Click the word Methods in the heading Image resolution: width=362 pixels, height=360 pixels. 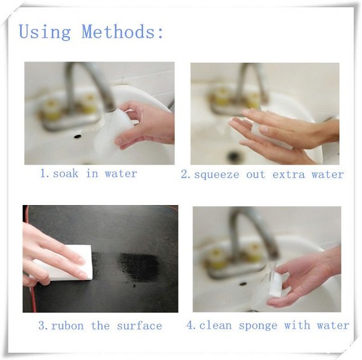click(118, 31)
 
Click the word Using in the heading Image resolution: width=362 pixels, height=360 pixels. click(45, 33)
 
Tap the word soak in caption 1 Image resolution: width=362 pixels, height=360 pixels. click(66, 174)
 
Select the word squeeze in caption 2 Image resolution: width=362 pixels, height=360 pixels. click(217, 175)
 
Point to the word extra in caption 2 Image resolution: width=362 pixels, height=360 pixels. click(288, 174)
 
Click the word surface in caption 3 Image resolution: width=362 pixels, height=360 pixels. click(139, 326)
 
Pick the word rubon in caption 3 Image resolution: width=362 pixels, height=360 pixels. click(68, 326)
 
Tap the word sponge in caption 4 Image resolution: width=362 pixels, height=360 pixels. click(258, 326)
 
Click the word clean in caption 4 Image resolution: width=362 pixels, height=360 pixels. click(215, 326)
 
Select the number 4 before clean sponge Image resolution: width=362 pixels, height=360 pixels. click(190, 326)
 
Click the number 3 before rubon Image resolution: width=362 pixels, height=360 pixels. click(42, 326)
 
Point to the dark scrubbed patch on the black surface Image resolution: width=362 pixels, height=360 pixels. click(139, 267)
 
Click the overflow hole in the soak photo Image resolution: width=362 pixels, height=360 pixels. click(77, 136)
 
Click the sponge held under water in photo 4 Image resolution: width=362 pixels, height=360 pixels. click(276, 285)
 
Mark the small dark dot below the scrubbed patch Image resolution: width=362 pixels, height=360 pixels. click(134, 286)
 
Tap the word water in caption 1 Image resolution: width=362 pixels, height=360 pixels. click(121, 174)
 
